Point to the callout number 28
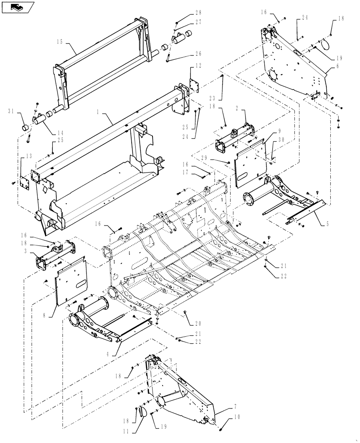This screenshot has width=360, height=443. click(x=198, y=12)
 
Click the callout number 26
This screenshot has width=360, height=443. click(x=198, y=54)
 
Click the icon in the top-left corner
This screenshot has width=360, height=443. click(x=17, y=7)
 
